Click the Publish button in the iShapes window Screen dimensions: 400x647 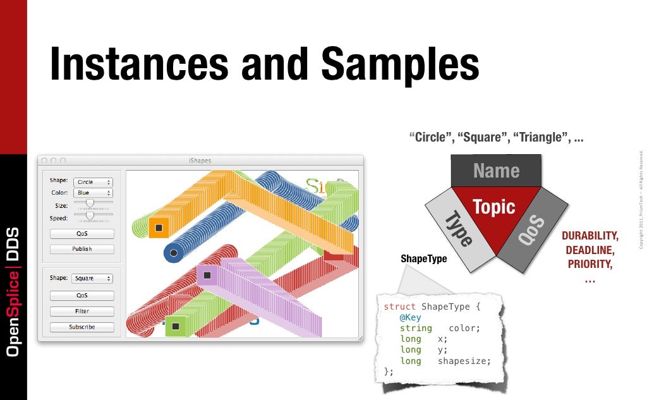coord(82,249)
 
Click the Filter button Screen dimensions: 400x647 coord(82,312)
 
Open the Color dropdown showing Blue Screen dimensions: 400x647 coord(93,193)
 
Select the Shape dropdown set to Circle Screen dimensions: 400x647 coord(93,182)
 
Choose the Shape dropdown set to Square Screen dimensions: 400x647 coord(93,278)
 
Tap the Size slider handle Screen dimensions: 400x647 coord(90,203)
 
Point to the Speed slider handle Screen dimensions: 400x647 coord(90,215)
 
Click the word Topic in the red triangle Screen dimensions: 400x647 coord(494,207)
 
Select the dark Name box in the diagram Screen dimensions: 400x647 coord(496,171)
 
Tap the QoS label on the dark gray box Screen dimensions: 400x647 coord(531,231)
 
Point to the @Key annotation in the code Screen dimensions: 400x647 coord(410,317)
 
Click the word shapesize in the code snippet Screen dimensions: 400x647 coord(464,361)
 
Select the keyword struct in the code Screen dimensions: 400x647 coord(399,306)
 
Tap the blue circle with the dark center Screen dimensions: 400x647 coord(174,253)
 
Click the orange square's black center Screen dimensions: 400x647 coord(159,227)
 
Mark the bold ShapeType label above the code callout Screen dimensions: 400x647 coord(424,258)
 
